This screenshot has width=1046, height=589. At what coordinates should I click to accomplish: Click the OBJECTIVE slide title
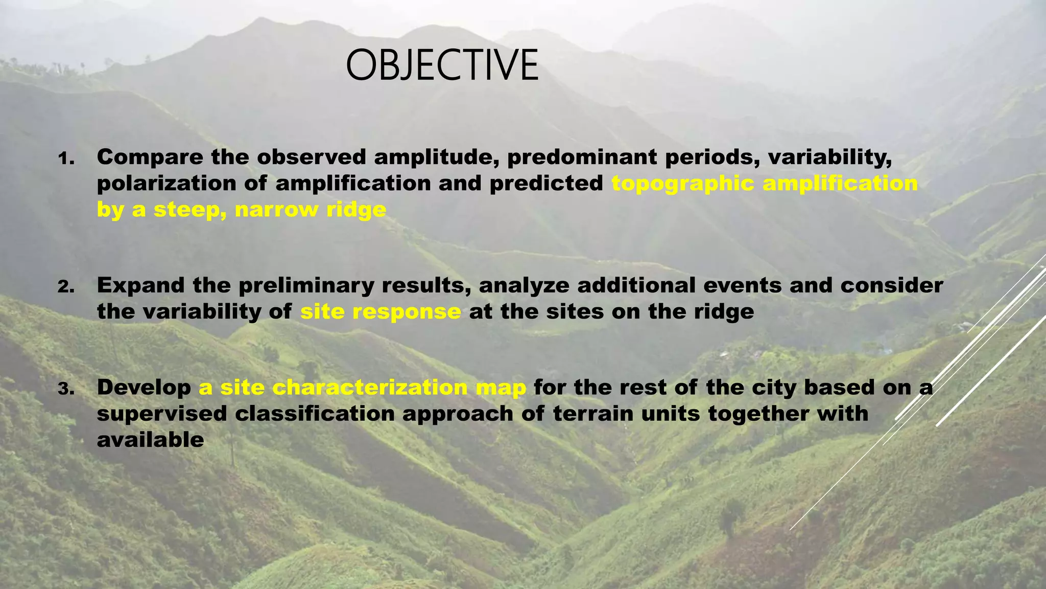tap(442, 65)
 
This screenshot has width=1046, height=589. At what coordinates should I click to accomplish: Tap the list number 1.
tap(66, 158)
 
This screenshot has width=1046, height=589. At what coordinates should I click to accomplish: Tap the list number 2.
tap(66, 287)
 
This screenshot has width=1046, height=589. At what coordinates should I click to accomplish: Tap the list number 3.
tap(66, 389)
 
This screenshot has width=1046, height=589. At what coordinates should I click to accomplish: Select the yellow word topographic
tap(682, 184)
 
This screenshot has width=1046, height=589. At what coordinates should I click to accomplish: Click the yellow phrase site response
tap(381, 311)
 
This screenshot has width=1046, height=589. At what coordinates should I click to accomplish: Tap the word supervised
tap(162, 414)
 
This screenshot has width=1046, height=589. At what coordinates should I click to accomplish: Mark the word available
tap(150, 440)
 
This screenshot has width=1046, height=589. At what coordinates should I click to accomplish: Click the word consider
tap(892, 285)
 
